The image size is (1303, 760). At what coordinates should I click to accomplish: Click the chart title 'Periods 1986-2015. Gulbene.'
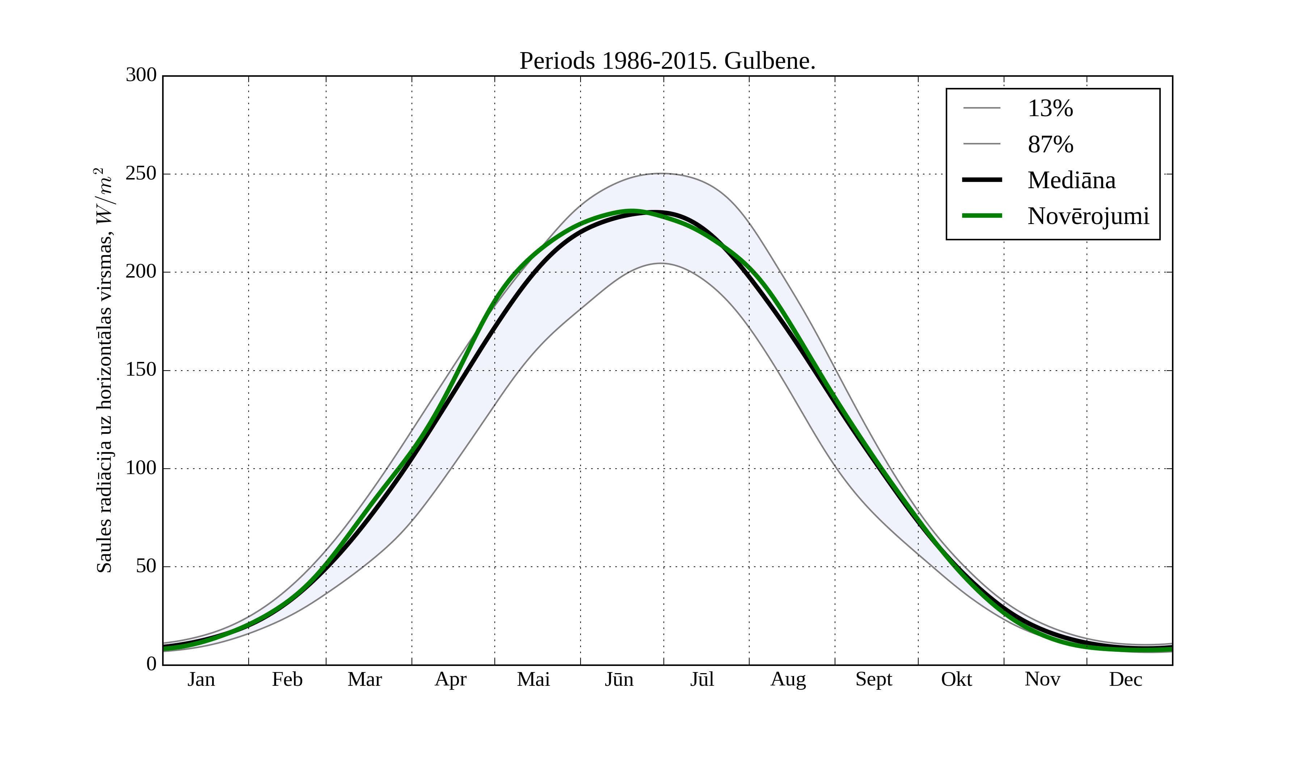(x=667, y=61)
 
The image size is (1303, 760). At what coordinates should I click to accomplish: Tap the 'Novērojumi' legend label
(x=1088, y=216)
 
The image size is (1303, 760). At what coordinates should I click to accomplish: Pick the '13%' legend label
(x=1050, y=109)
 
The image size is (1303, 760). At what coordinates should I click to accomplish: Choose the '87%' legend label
(x=1050, y=144)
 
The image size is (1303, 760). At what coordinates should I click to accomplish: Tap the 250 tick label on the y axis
(x=141, y=174)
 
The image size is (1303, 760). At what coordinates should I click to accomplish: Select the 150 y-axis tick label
(x=141, y=370)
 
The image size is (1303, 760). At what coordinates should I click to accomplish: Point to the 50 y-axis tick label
(x=146, y=567)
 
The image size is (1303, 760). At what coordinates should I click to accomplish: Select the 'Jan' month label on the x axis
(x=201, y=679)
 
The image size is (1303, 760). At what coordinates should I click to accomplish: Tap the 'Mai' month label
(x=534, y=679)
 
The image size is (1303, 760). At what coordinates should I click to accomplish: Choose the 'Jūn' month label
(x=619, y=679)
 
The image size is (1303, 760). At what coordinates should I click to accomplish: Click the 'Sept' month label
(x=874, y=679)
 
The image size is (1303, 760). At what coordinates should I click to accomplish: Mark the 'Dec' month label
(x=1125, y=679)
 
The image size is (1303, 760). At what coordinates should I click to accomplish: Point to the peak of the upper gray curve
(x=661, y=174)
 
